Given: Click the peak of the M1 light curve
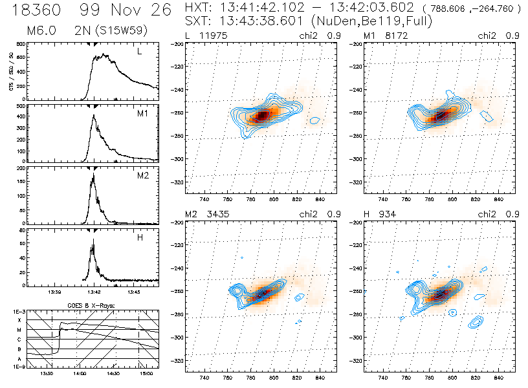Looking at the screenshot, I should point(94,116).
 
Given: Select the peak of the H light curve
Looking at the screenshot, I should point(94,240).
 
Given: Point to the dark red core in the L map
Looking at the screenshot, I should point(262,116).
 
